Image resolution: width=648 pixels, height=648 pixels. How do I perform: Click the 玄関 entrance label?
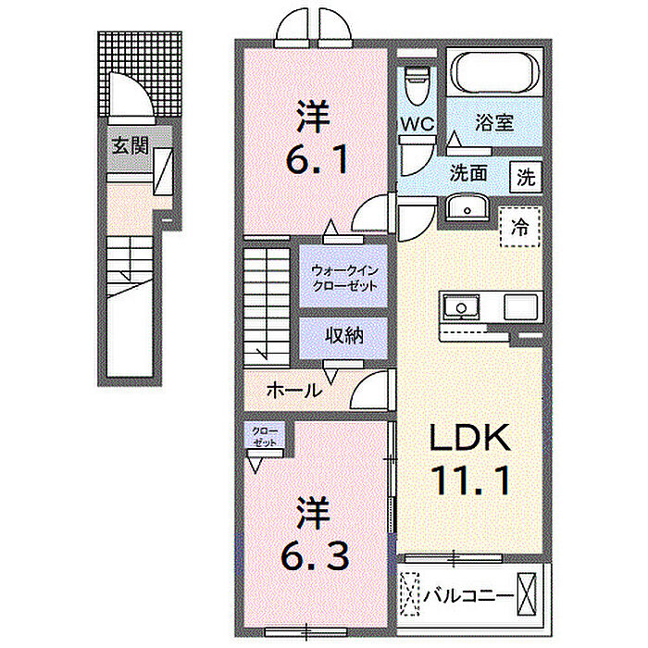(131, 145)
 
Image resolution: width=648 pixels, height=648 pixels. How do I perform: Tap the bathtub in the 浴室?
(496, 73)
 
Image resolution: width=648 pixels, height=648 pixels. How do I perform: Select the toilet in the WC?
(417, 86)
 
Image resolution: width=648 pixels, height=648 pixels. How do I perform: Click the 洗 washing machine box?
(526, 177)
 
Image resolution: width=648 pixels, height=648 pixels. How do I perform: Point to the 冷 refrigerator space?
(520, 227)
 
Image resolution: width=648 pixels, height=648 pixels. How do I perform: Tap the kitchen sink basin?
(461, 307)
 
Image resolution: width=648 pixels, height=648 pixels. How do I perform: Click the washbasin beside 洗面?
(467, 208)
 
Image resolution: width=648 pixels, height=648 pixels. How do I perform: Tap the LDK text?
(470, 438)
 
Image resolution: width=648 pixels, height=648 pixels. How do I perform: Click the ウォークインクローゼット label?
(344, 279)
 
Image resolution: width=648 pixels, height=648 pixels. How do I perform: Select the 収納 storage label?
(343, 336)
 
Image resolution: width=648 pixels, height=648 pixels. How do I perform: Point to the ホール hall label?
(293, 391)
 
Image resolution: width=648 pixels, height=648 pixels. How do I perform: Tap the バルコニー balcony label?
(468, 596)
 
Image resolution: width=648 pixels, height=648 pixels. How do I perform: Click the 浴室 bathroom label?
(494, 122)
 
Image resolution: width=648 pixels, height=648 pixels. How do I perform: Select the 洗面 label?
(467, 174)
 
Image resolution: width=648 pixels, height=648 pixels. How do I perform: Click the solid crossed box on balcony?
(527, 594)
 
